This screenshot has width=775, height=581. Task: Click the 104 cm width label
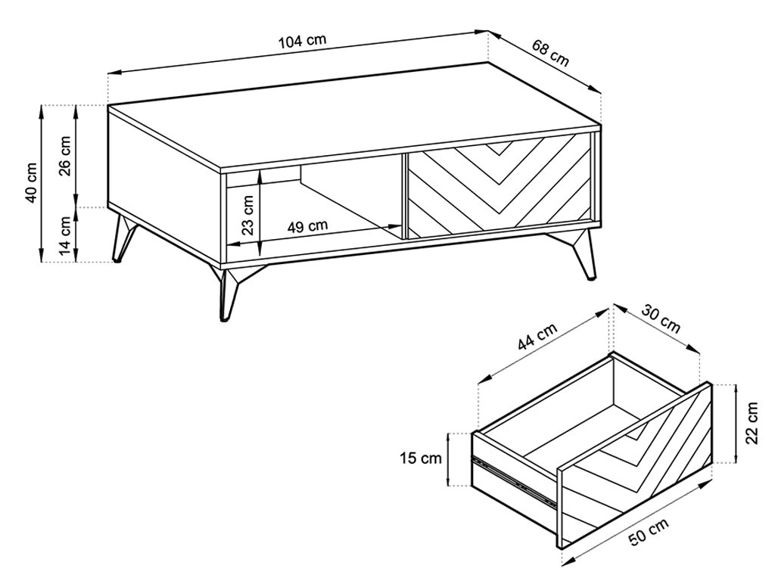(303, 41)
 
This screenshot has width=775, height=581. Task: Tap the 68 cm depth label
(551, 52)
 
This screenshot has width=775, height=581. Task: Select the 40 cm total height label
(31, 182)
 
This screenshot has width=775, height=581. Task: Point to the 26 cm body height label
(65, 155)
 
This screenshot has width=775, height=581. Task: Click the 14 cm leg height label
(65, 235)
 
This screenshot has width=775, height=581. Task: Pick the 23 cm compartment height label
(248, 213)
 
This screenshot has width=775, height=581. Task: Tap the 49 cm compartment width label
(307, 226)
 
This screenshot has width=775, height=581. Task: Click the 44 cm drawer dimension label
(538, 336)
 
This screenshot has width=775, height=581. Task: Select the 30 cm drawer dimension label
(661, 318)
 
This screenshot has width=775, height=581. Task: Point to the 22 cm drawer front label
(752, 423)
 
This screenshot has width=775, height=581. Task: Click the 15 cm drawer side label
(421, 458)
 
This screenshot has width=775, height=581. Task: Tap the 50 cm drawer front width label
(649, 532)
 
